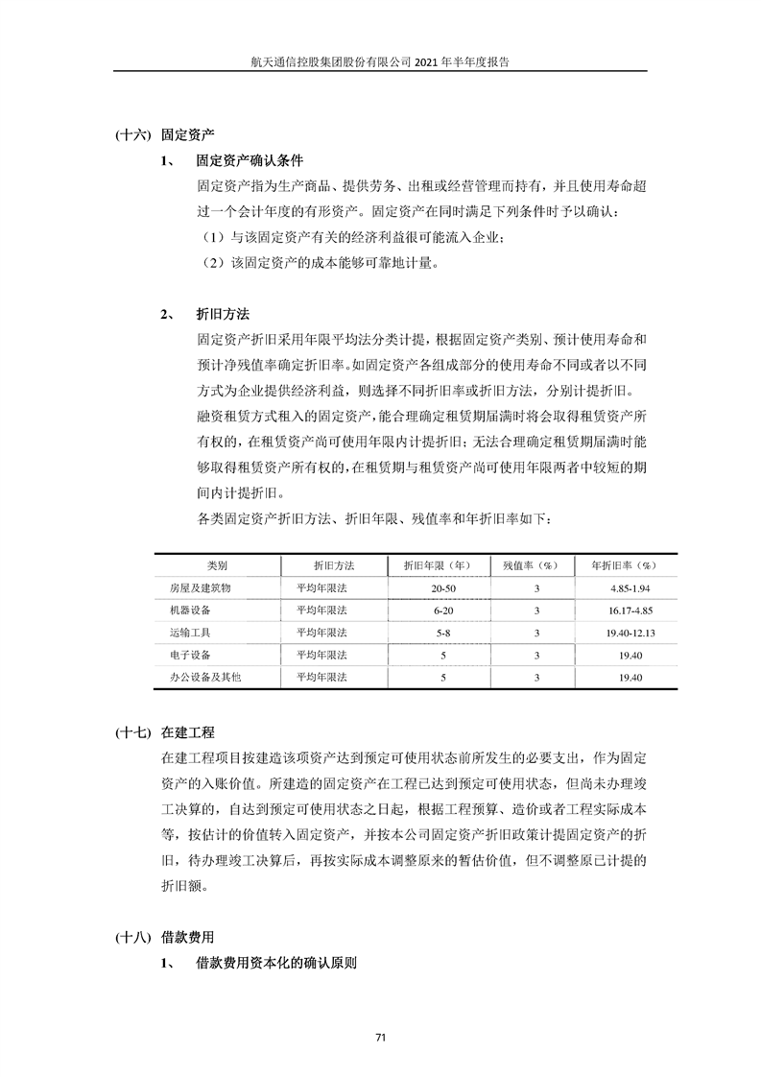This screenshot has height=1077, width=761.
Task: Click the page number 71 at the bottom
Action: click(380, 1037)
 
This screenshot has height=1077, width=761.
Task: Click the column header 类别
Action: click(217, 564)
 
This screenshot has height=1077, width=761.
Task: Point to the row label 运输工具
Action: click(190, 633)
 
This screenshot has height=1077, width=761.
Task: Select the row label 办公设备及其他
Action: click(206, 678)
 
